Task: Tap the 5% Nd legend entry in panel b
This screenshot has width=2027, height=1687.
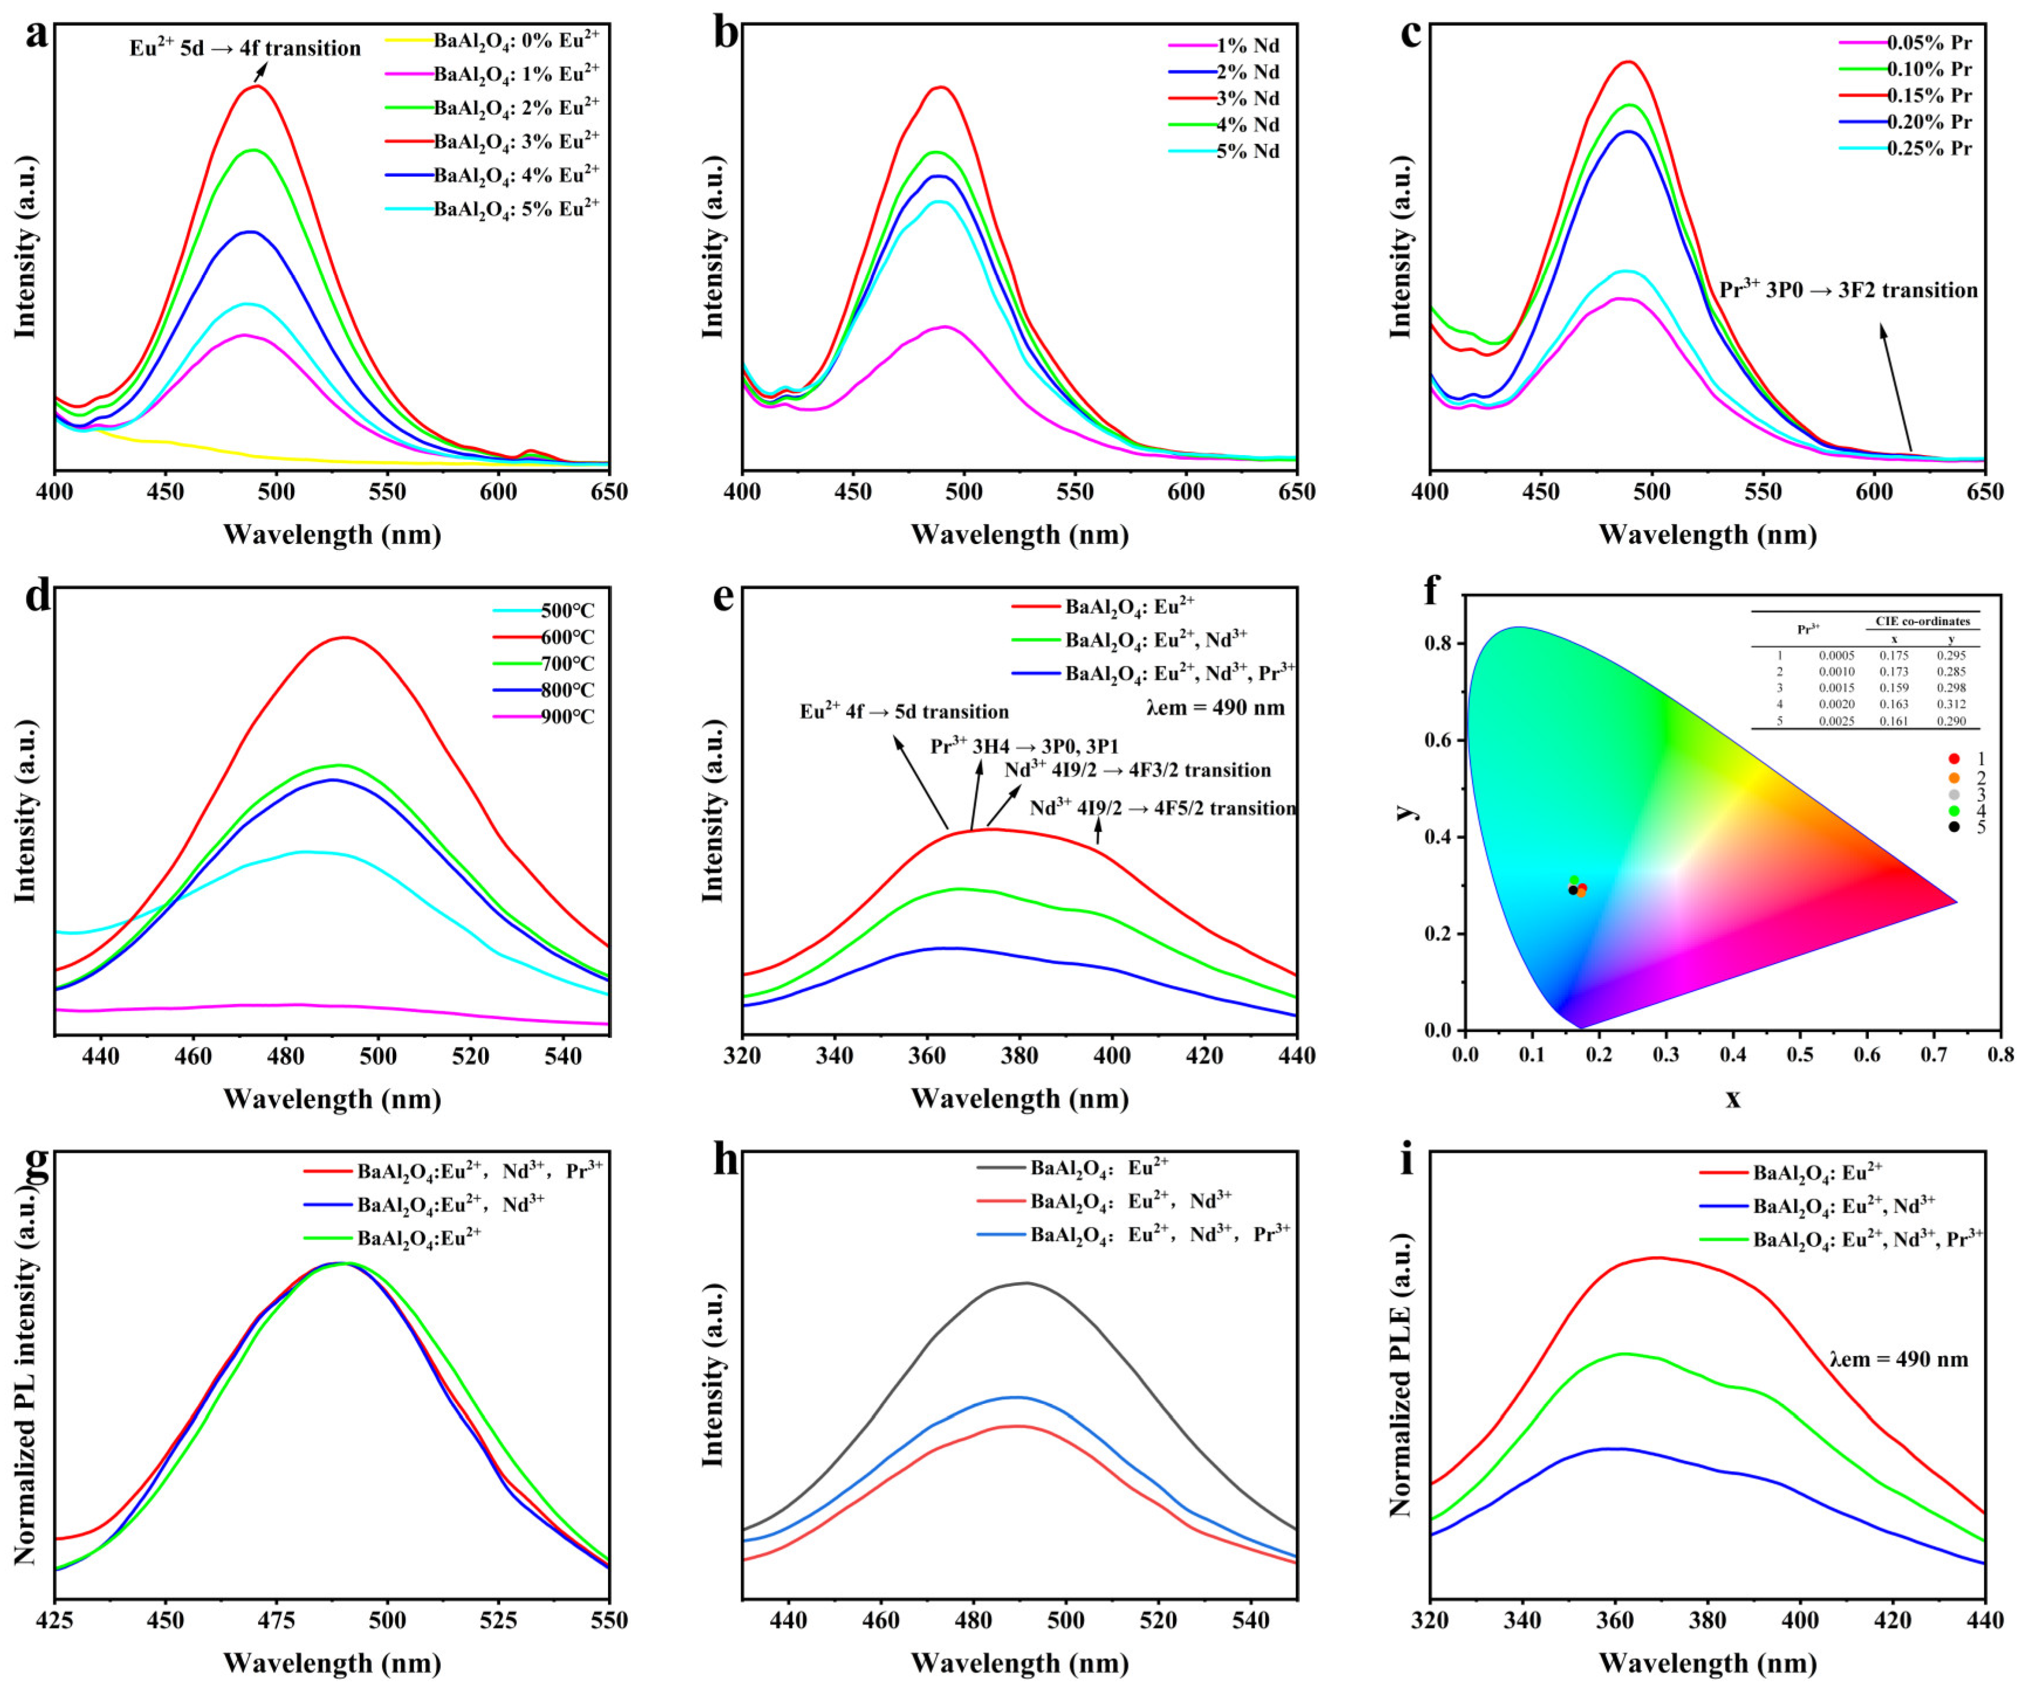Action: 1247,152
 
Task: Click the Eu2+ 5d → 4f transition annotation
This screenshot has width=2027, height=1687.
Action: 245,48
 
